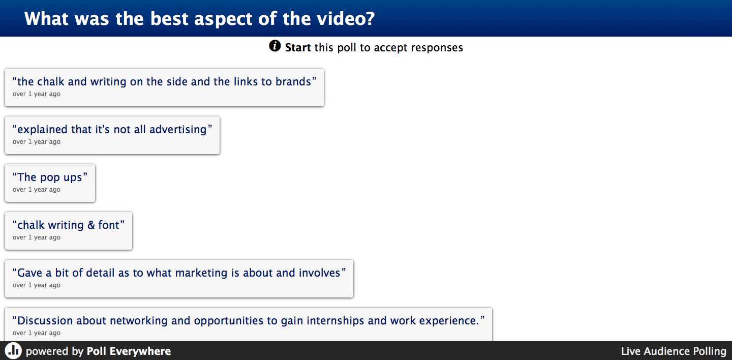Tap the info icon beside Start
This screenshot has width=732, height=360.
pos(275,46)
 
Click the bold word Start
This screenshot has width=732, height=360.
pos(298,48)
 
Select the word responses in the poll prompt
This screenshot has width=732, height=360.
pos(437,48)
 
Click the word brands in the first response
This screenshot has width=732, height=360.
pos(293,81)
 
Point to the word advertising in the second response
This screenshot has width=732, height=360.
pos(178,130)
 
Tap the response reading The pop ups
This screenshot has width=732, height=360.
pos(50,183)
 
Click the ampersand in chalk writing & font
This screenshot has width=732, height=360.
pos(91,225)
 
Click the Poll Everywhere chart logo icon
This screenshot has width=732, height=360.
pos(13,351)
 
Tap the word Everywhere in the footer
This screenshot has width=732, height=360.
pos(140,351)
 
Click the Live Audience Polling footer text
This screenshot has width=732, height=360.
pos(674,351)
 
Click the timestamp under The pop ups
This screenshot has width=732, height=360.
pos(37,190)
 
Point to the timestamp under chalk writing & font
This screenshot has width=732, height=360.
pos(37,237)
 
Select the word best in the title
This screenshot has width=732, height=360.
pos(169,18)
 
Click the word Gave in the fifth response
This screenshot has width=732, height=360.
pos(29,273)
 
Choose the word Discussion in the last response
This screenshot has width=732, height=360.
pos(45,320)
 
